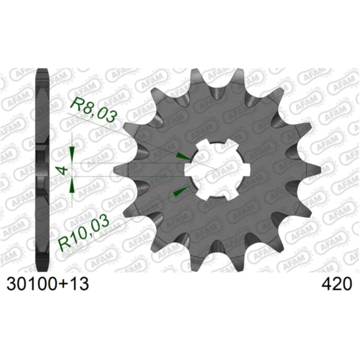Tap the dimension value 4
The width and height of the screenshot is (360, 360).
click(x=61, y=170)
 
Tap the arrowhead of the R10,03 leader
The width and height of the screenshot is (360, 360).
click(x=179, y=191)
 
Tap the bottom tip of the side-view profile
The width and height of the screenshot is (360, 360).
click(x=43, y=269)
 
